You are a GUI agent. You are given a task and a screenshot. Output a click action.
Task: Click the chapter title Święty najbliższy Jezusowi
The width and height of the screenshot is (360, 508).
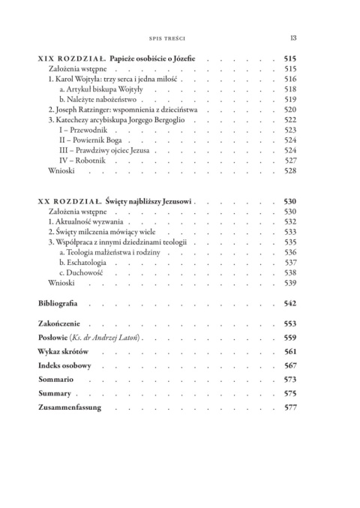[x=149, y=203]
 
